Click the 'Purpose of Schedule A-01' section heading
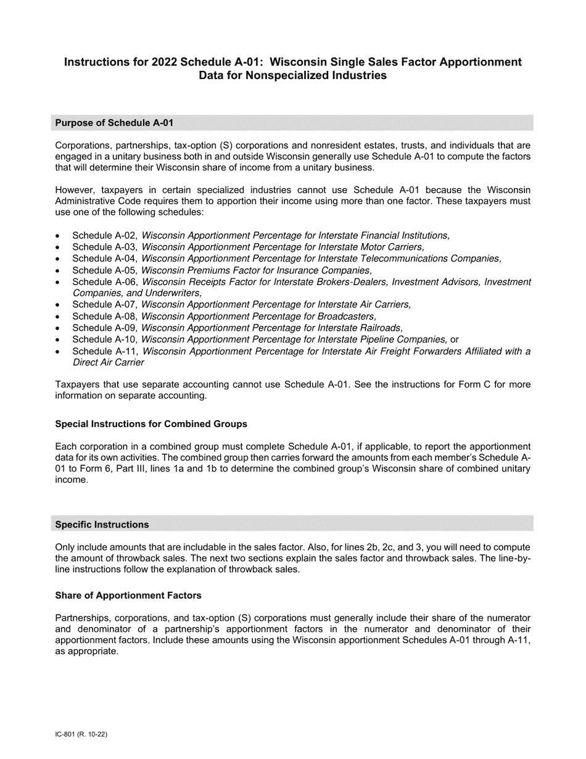tap(114, 123)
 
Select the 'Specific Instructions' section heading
tap(102, 525)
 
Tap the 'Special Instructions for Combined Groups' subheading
tap(151, 424)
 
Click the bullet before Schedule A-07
tap(58, 305)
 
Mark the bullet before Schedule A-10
tap(58, 340)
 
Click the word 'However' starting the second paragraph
tap(74, 190)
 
